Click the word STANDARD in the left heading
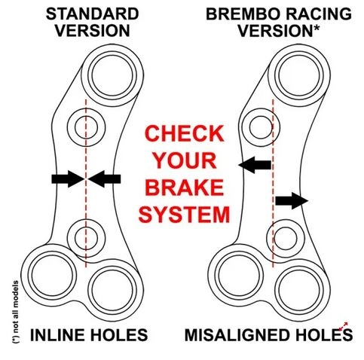92,14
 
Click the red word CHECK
184,133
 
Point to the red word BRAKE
184,188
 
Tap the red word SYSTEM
184,215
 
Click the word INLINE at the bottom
57,335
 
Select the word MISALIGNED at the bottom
236,335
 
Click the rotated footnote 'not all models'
16,312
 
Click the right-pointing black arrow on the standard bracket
68,179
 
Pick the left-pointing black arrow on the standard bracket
104,179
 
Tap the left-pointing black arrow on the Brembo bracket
255,165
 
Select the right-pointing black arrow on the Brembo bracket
292,201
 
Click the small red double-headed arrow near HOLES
343,326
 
